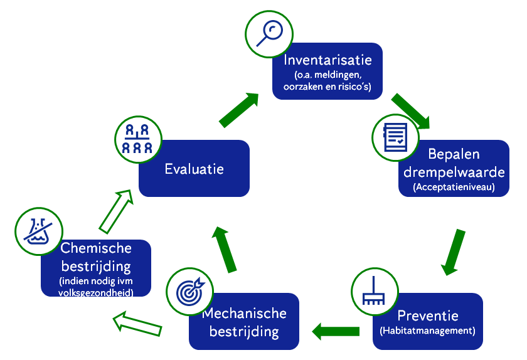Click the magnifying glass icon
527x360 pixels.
pyautogui.click(x=269, y=34)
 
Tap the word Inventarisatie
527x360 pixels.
pyautogui.click(x=327, y=60)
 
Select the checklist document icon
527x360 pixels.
pyautogui.click(x=396, y=137)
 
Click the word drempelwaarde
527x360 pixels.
pyautogui.click(x=454, y=172)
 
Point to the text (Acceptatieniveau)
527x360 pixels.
pyautogui.click(x=454, y=187)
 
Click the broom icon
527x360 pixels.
pyautogui.click(x=373, y=291)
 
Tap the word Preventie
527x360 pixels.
pyautogui.click(x=428, y=315)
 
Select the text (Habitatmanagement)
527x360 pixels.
pyautogui.click(x=427, y=331)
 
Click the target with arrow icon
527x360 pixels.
pyautogui.click(x=190, y=291)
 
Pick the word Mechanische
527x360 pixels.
pyautogui.click(x=244, y=314)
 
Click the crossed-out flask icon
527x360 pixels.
pyautogui.click(x=39, y=231)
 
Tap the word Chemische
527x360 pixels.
pyautogui.click(x=96, y=248)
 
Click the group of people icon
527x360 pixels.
pyautogui.click(x=137, y=139)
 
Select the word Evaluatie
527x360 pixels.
pyautogui.click(x=194, y=169)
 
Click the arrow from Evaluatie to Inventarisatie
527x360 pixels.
pyautogui.click(x=239, y=110)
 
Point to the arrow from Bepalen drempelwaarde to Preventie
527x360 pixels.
pyautogui.click(x=453, y=252)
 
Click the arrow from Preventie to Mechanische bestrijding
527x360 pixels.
pyautogui.click(x=336, y=331)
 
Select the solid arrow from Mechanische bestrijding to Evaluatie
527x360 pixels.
pyautogui.click(x=224, y=249)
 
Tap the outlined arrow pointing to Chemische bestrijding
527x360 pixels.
pyautogui.click(x=137, y=324)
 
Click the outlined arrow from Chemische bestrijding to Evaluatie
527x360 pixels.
pyautogui.click(x=115, y=211)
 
